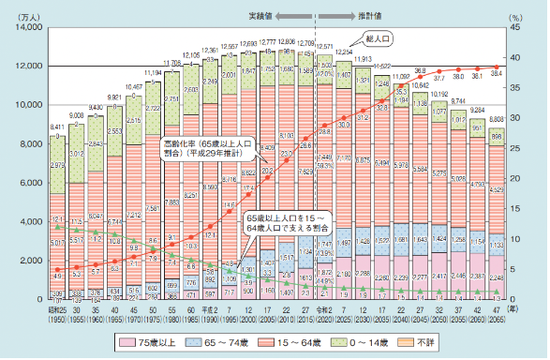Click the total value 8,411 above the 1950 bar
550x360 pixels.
coord(58,126)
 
